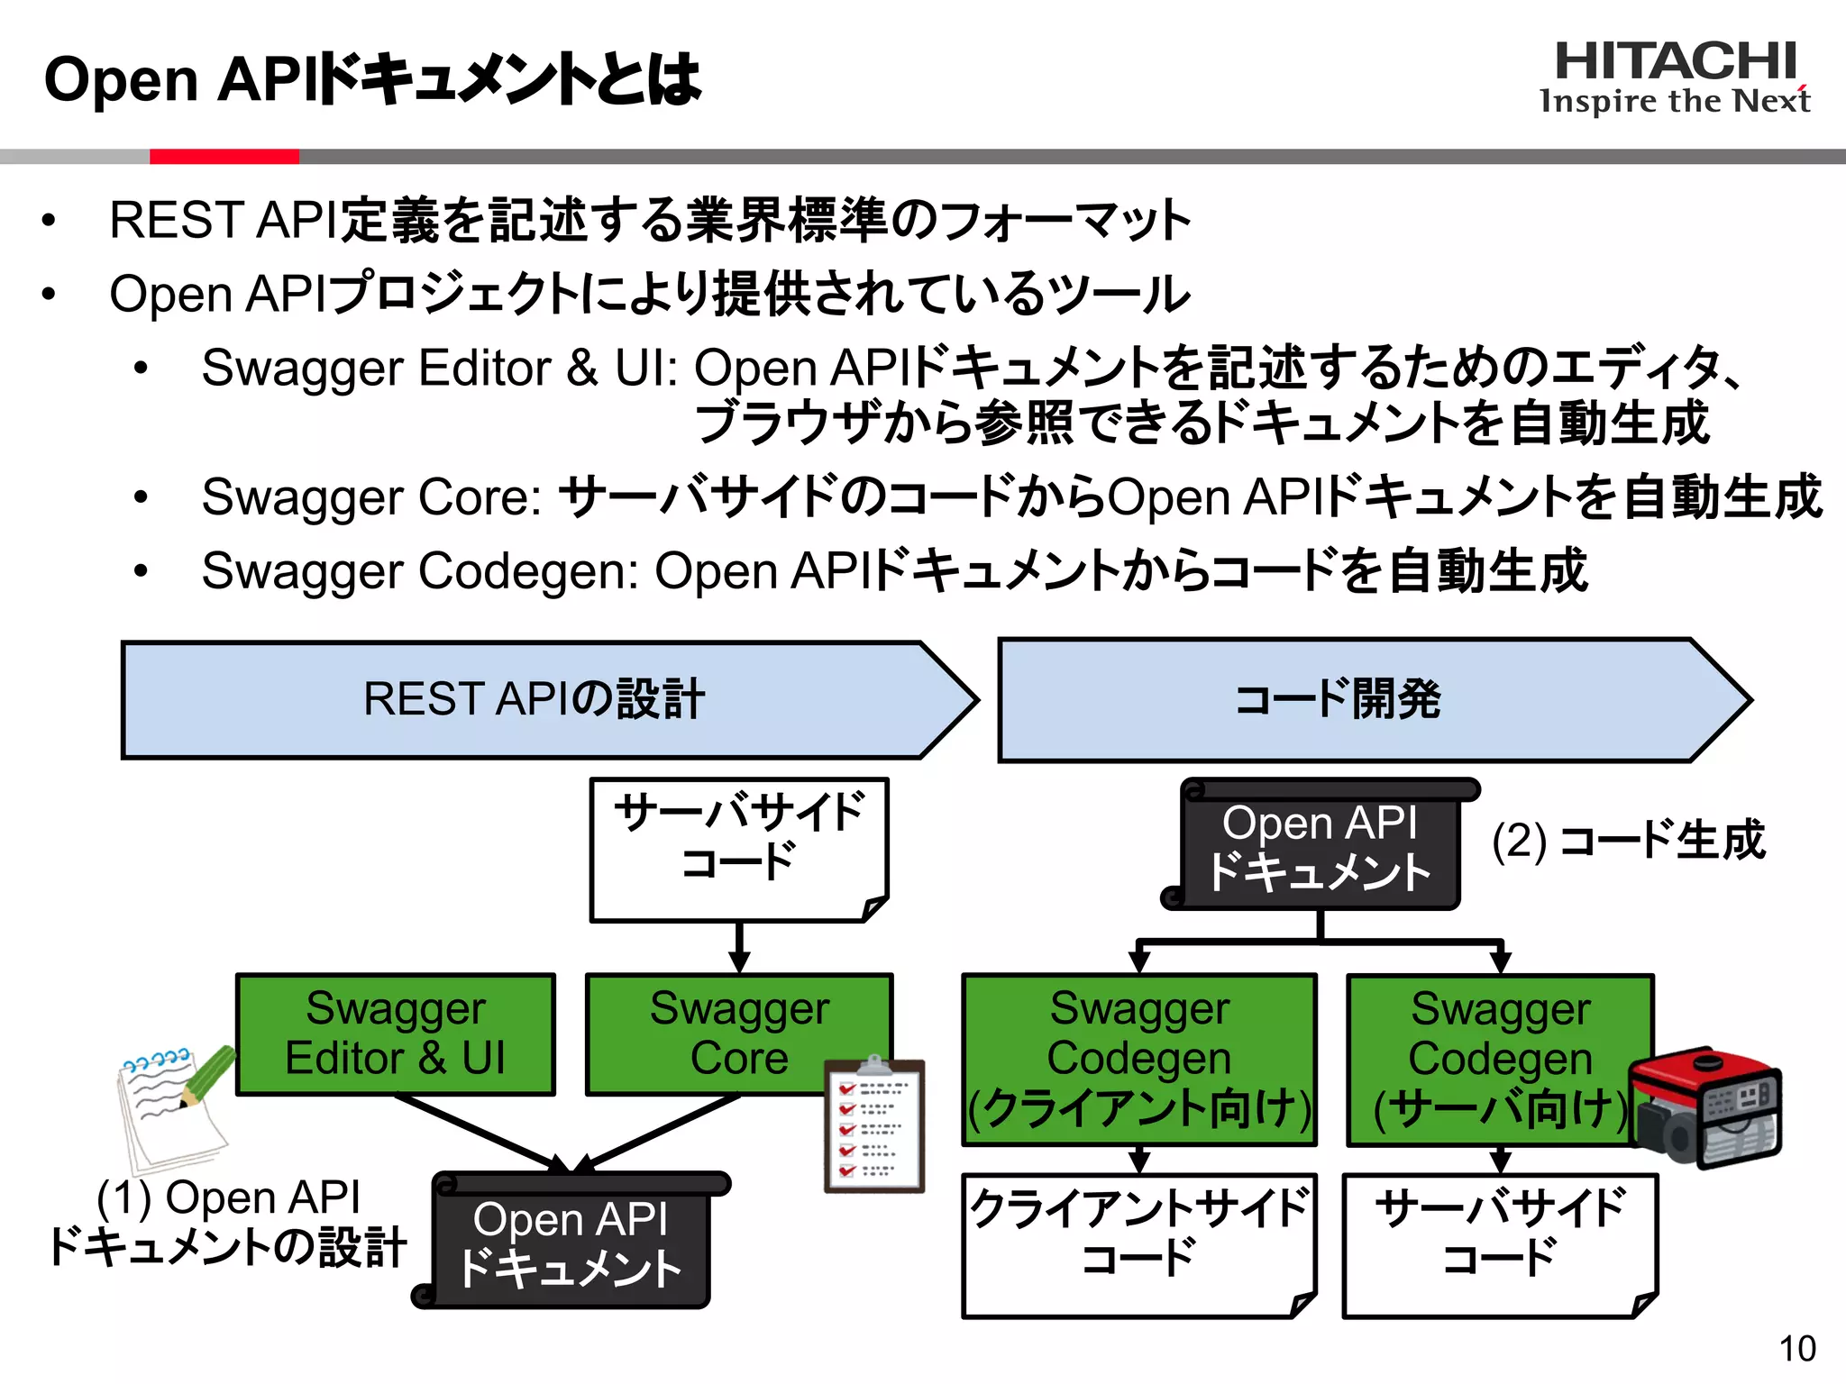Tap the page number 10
(1796, 1349)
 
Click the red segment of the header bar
(224, 157)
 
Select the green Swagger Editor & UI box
(395, 1034)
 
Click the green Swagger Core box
(739, 1034)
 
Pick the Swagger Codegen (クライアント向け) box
(1138, 1060)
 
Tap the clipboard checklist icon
(873, 1126)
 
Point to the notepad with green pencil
(173, 1108)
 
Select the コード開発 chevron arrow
(1352, 700)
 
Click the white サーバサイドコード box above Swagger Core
(739, 847)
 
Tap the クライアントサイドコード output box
(1138, 1243)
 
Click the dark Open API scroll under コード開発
(1320, 847)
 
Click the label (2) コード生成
(1628, 841)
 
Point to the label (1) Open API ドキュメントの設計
(227, 1223)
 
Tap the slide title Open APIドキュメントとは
(371, 79)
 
